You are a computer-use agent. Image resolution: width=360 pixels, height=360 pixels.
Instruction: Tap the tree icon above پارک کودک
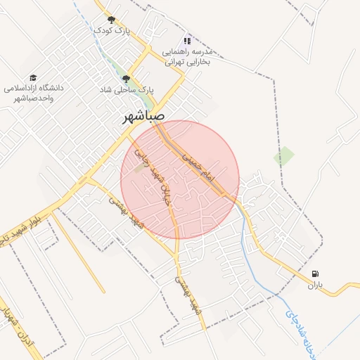110,20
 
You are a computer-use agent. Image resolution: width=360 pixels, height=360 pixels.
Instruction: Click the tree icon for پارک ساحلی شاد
126,79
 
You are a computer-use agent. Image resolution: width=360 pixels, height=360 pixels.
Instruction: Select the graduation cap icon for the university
33,77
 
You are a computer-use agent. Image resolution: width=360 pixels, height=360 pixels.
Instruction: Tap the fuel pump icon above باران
314,274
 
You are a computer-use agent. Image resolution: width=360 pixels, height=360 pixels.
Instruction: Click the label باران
314,285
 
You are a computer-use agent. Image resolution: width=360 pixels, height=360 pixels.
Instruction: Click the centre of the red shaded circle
180,179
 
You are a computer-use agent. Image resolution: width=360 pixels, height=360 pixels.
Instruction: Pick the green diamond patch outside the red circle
284,156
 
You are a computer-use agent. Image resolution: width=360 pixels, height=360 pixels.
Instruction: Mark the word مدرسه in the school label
211,52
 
